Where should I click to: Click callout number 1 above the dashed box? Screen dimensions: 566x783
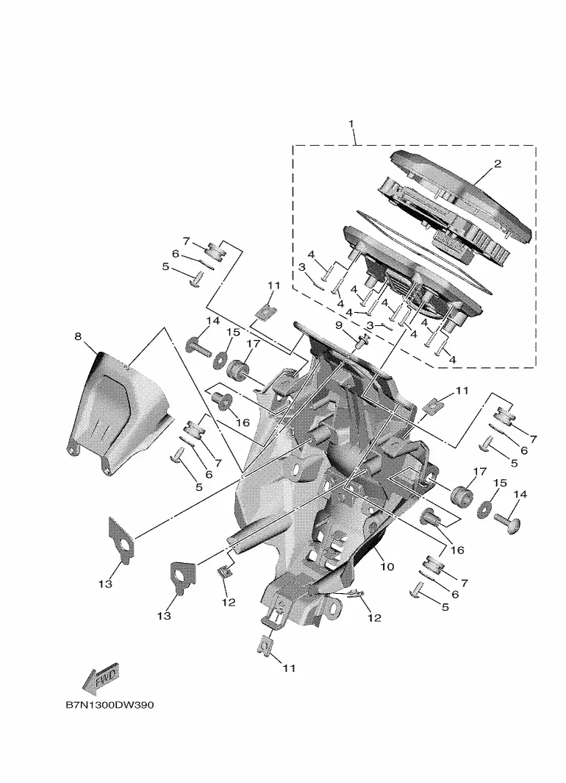[351, 124]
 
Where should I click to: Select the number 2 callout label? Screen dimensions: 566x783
[497, 163]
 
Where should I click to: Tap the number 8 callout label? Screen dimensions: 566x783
[78, 336]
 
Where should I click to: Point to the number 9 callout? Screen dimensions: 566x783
[339, 325]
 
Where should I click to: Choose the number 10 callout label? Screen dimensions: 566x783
[387, 567]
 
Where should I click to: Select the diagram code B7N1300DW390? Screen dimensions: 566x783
[110, 705]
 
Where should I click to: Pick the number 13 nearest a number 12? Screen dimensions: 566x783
[164, 616]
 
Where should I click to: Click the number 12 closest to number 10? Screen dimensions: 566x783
[374, 617]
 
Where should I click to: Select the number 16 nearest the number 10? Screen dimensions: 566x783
[456, 550]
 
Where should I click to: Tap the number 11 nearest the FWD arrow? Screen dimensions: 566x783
[289, 667]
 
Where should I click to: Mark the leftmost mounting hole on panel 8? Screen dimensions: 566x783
[74, 451]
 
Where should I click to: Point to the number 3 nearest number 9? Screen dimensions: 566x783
[370, 325]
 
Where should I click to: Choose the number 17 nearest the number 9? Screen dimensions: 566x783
[253, 344]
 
